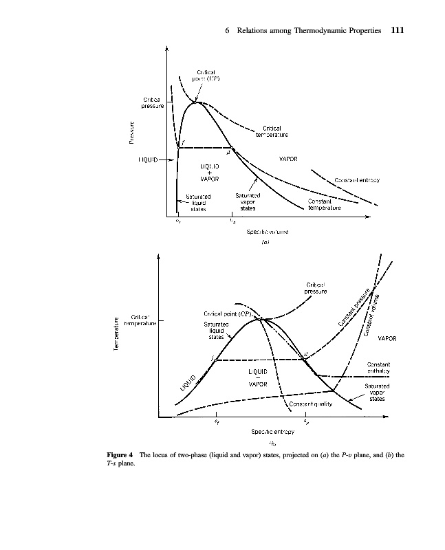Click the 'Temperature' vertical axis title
pos(118,335)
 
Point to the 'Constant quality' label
pos(311,404)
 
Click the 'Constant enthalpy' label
pos(378,368)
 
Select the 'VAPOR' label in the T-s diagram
pos(387,338)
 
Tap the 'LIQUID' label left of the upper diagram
pos(147,159)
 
